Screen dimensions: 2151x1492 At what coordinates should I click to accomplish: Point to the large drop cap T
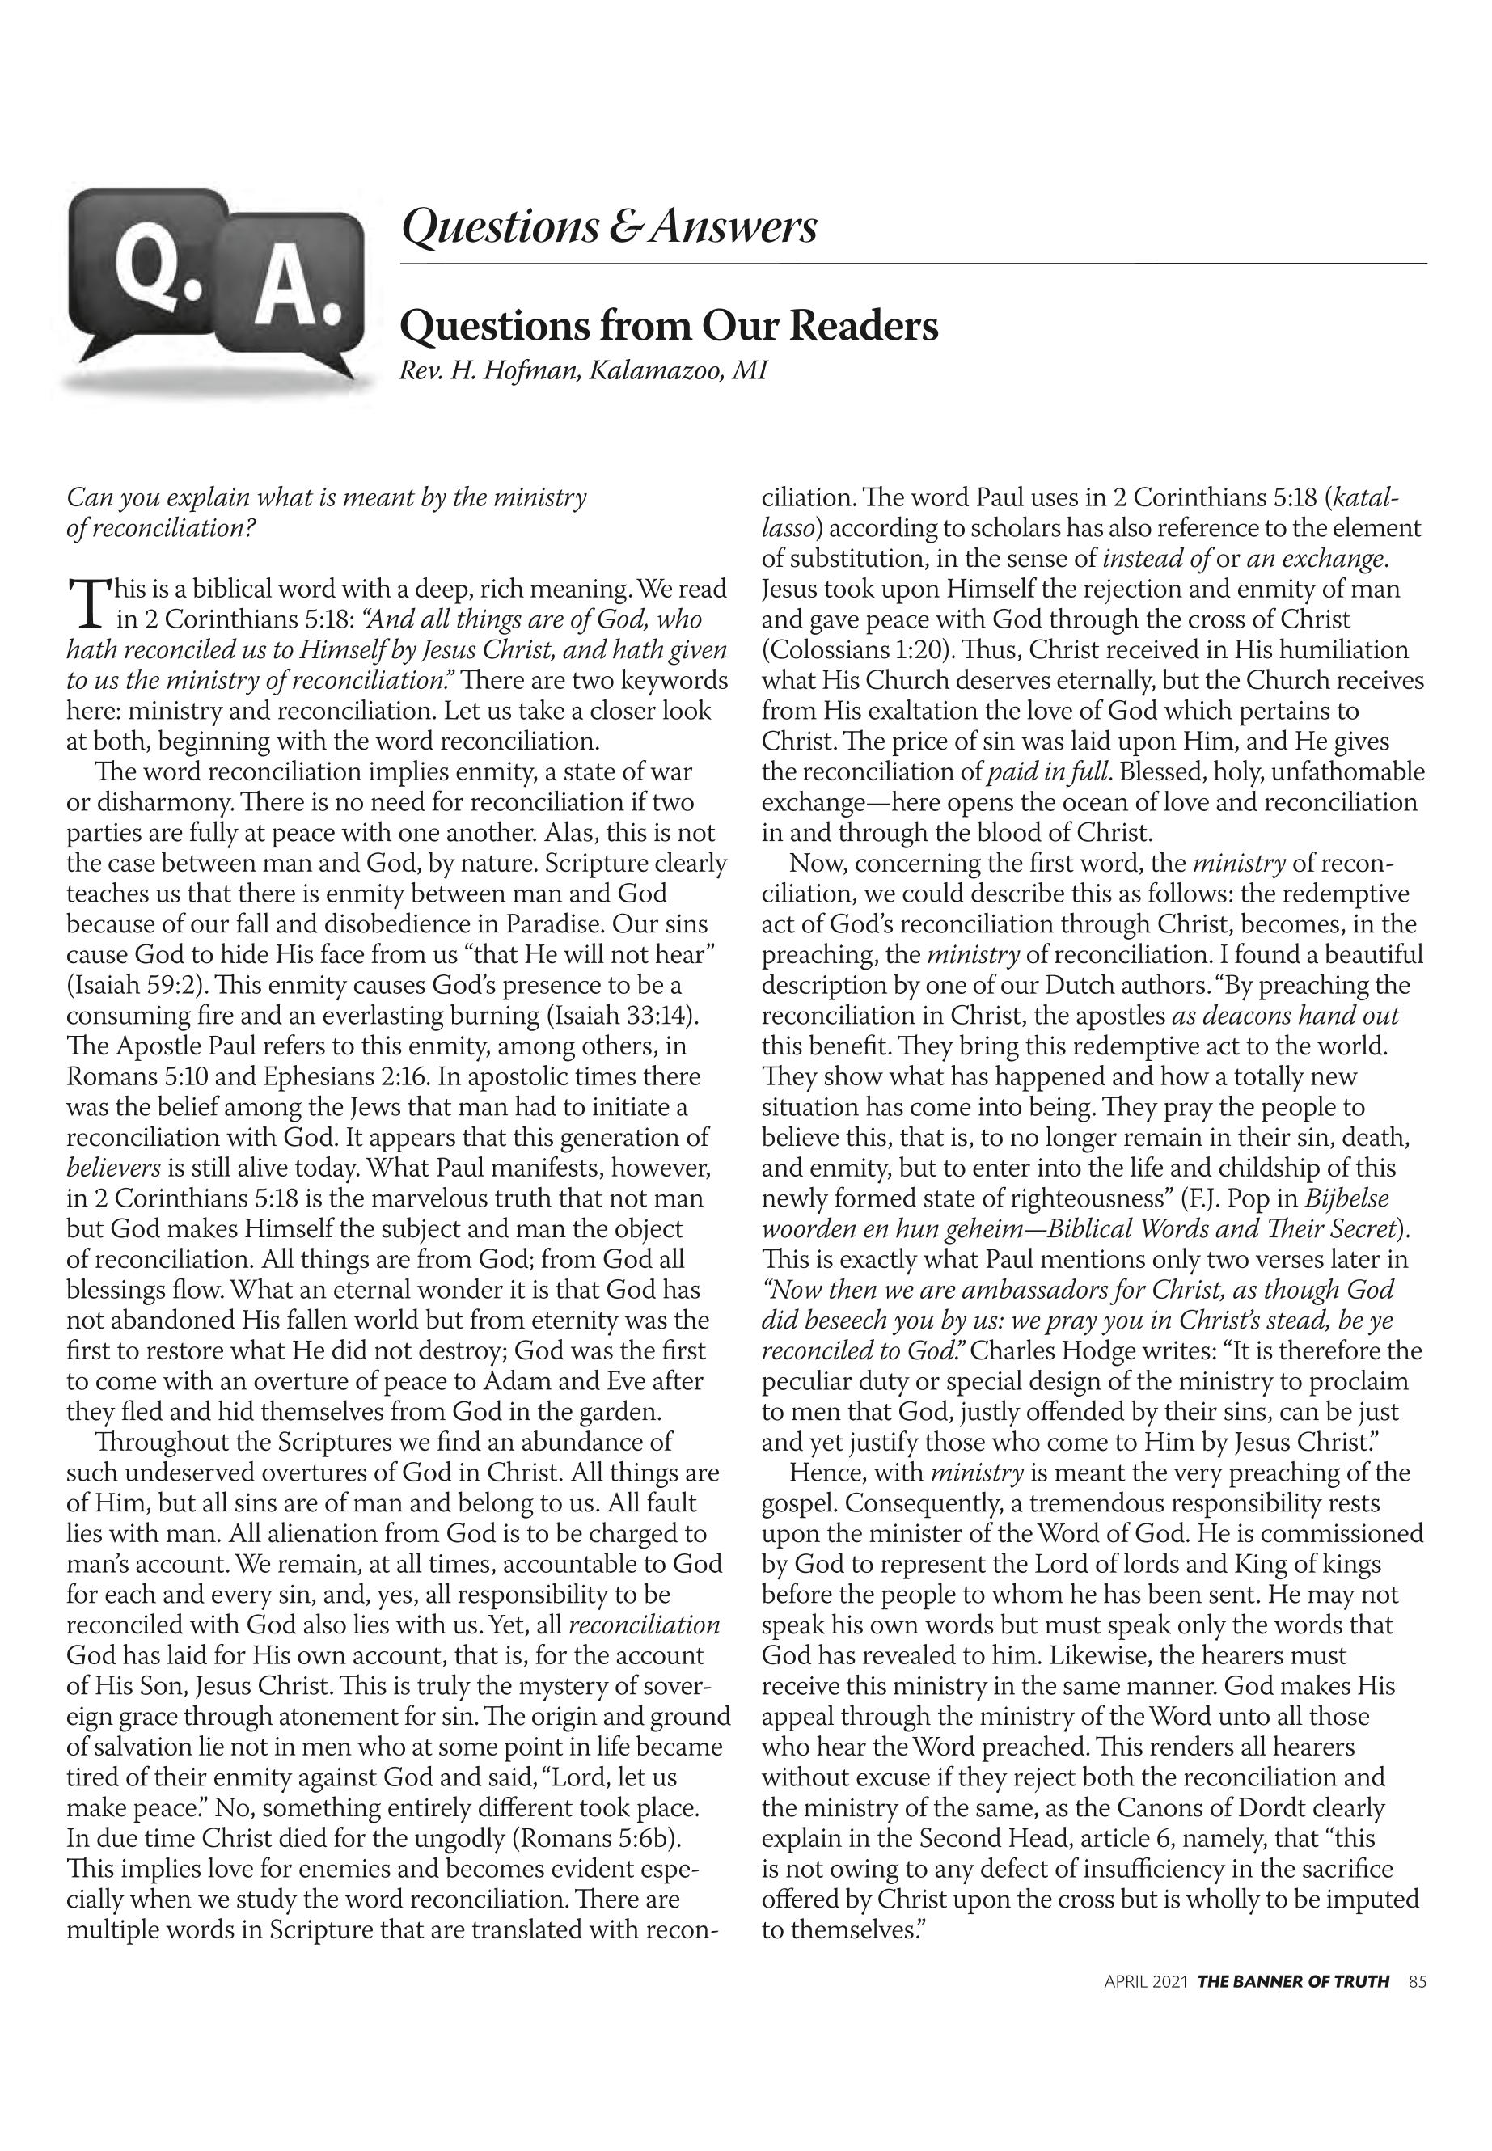pyautogui.click(x=86, y=603)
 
